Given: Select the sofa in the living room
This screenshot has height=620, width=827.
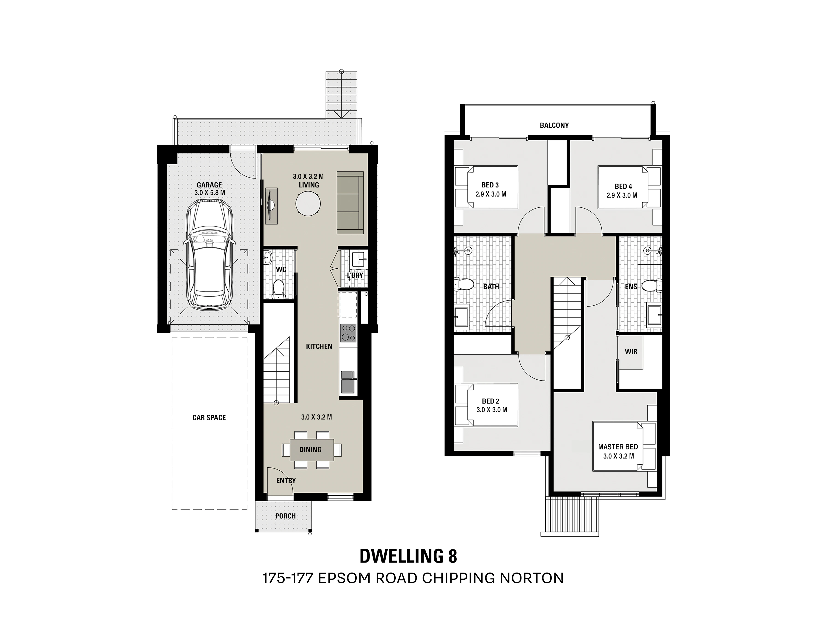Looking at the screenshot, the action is (x=350, y=203).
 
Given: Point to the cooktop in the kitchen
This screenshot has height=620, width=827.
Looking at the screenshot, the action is (x=348, y=333).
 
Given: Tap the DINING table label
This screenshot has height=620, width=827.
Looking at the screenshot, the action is (x=310, y=450).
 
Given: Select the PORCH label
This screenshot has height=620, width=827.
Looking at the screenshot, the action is (x=285, y=516).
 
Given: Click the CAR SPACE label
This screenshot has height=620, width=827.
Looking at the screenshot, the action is (x=209, y=417).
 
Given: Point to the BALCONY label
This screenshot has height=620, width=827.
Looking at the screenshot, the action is (x=554, y=125).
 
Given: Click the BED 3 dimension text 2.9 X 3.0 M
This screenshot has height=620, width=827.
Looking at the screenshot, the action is (x=491, y=194).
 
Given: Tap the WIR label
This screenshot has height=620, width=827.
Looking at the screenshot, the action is (x=631, y=352).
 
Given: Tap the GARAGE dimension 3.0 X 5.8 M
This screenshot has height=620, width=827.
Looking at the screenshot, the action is (x=210, y=193).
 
